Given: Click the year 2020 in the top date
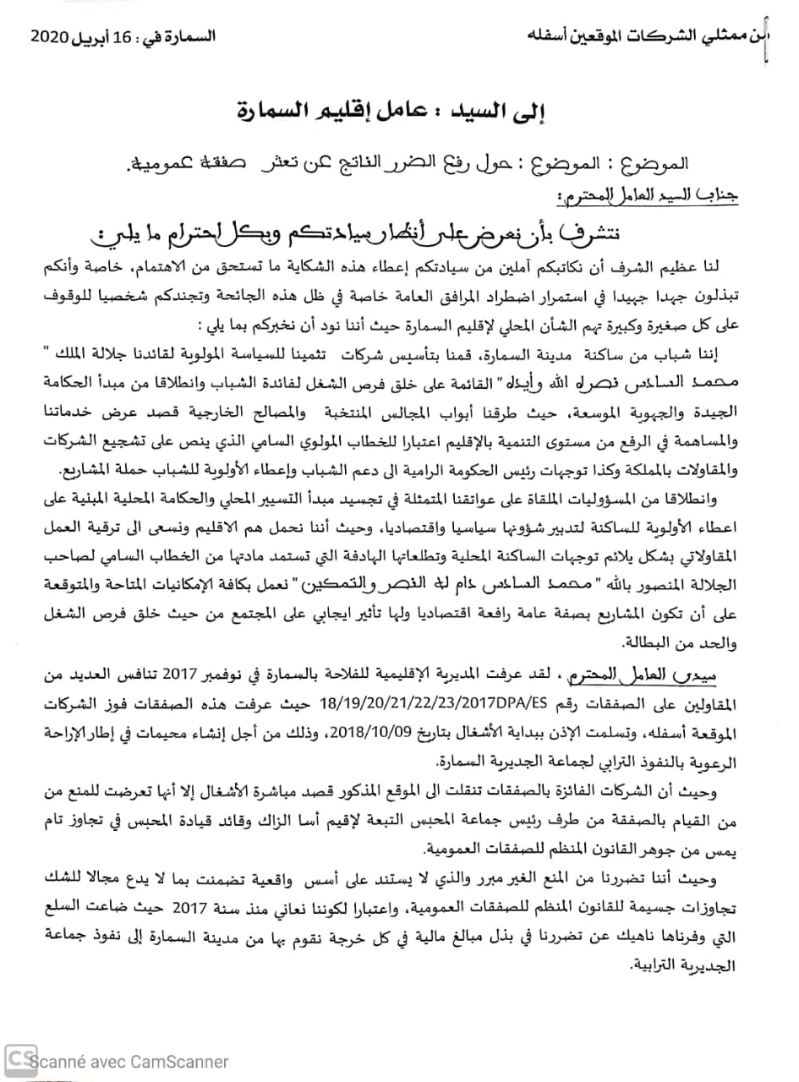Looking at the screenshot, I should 51,38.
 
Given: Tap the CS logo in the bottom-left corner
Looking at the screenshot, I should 19,1058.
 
